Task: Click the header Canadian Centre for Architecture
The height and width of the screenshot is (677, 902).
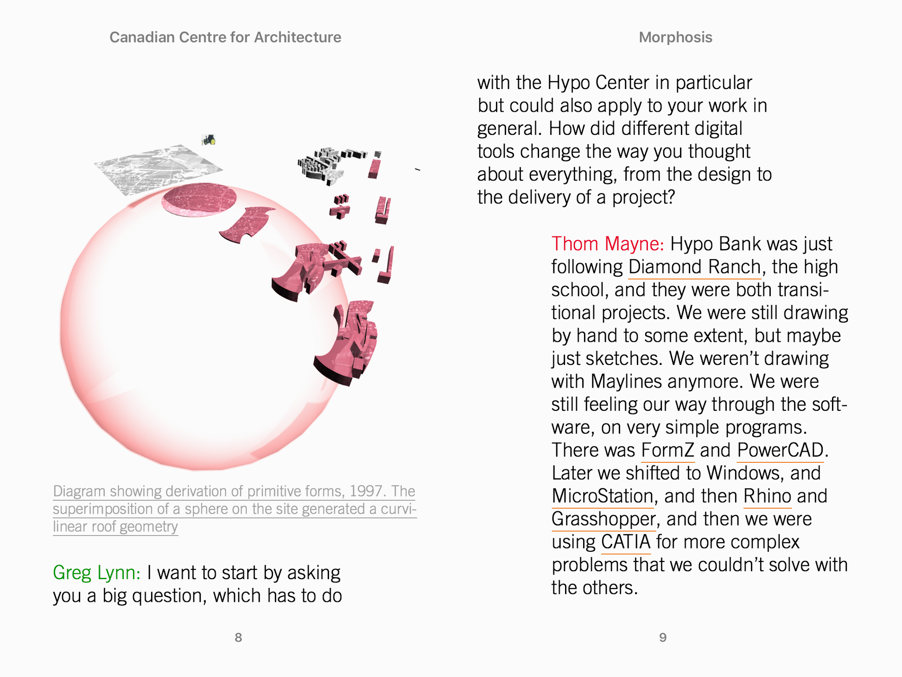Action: [x=225, y=38]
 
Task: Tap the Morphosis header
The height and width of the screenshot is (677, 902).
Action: [x=675, y=38]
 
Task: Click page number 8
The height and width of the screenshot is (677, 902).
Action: [x=238, y=638]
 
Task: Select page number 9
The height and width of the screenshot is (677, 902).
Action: [x=663, y=638]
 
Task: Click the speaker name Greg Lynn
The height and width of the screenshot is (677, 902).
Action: [x=96, y=573]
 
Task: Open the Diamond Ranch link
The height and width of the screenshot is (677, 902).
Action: [x=694, y=268]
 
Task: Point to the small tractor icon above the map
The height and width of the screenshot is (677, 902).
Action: [x=209, y=140]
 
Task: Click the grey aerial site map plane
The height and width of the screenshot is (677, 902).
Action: [x=158, y=169]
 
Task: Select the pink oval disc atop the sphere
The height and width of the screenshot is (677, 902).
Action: [x=199, y=199]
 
